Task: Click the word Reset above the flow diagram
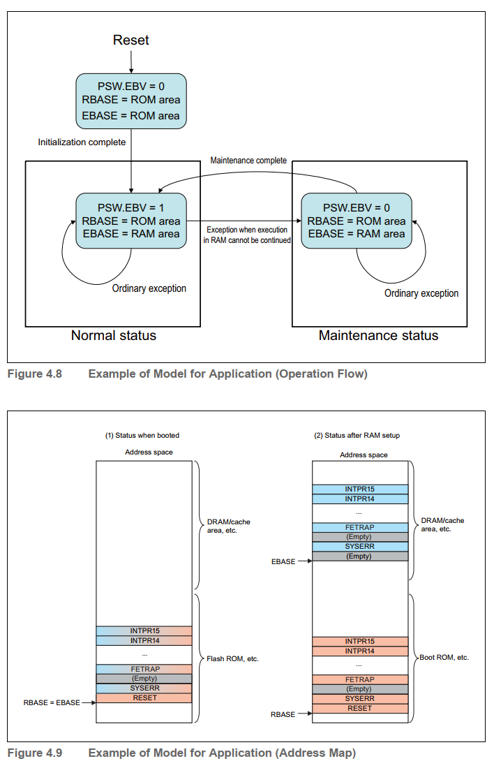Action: tap(131, 40)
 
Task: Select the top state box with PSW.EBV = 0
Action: tap(131, 101)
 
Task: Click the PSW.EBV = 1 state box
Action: tap(131, 221)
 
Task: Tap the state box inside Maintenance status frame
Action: tap(357, 221)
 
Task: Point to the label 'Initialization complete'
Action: tap(82, 142)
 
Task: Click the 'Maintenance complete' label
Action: tap(248, 161)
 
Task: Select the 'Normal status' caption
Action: tap(114, 336)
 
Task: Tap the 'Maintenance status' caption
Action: tap(378, 336)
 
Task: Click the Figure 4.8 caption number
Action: tap(34, 374)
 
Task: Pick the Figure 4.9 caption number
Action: tap(34, 753)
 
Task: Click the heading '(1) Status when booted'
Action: tap(142, 435)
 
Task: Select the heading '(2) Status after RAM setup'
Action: tap(357, 435)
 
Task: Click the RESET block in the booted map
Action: tap(144, 698)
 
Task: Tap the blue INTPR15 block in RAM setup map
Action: tap(360, 489)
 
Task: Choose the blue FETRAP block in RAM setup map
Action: tap(360, 527)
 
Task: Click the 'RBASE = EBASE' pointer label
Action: tap(52, 704)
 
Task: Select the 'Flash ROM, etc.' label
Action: tap(233, 658)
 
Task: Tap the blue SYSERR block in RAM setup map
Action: tap(360, 547)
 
